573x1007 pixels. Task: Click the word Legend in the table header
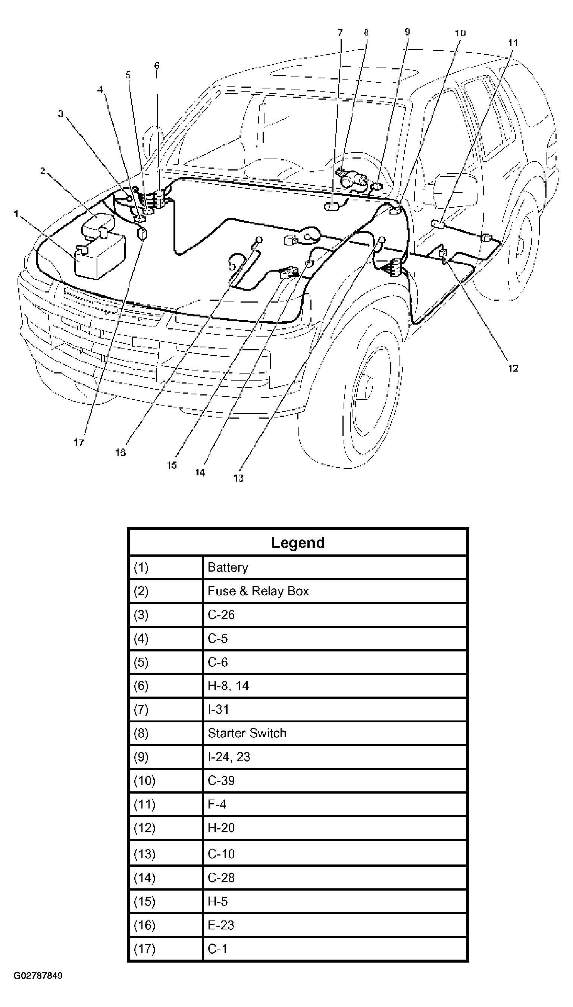coord(298,542)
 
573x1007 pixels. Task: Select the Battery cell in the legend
coord(228,567)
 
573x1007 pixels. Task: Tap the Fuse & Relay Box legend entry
coord(258,591)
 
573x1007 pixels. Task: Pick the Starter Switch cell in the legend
coord(247,733)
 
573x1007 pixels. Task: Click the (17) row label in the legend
coord(144,949)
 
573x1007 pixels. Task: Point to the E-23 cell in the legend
coord(221,925)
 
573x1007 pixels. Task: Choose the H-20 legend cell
coord(221,828)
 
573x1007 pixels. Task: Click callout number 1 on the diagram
coord(16,214)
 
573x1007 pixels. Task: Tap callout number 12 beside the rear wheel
coord(513,368)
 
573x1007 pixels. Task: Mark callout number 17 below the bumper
coord(79,443)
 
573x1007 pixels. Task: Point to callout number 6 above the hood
coord(157,65)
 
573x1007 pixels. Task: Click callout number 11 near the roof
coord(513,43)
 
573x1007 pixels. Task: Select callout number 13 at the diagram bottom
coord(238,478)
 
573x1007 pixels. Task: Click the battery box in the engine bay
coord(100,258)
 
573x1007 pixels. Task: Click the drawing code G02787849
coord(38,976)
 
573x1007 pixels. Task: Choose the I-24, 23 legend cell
coord(229,757)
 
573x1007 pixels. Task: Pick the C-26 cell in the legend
coord(221,614)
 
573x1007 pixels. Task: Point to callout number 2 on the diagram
coord(43,171)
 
